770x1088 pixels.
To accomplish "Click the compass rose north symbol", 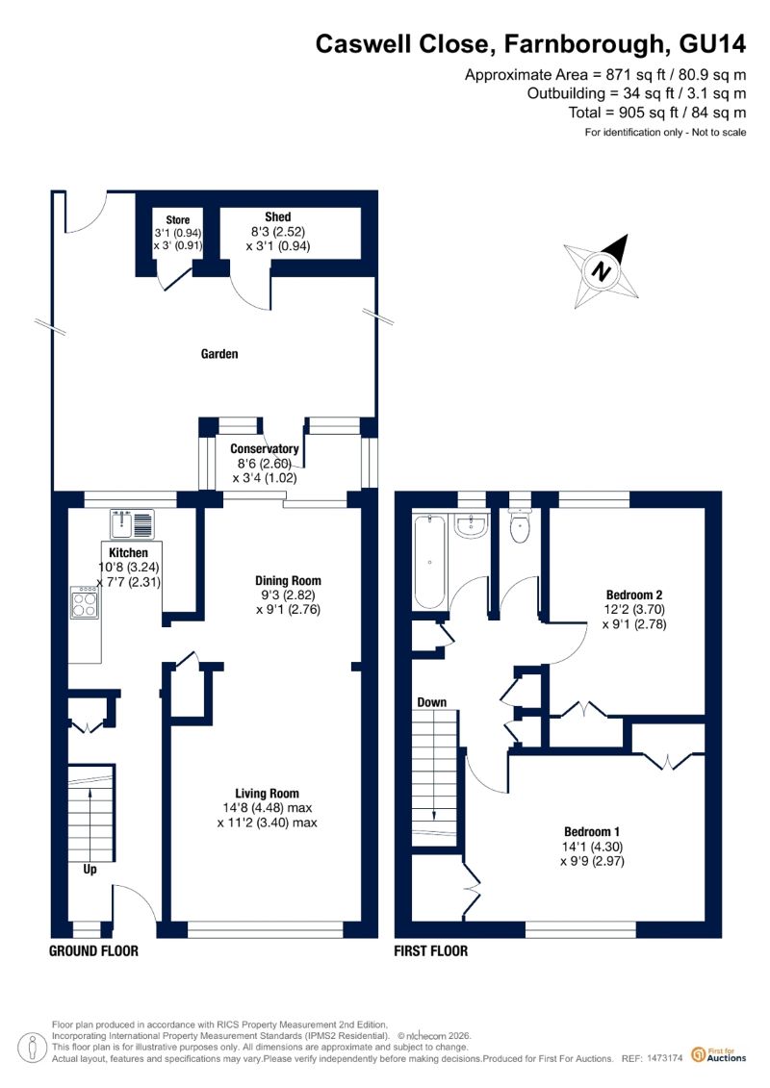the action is pyautogui.click(x=602, y=271).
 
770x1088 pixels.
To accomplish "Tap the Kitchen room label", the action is pyautogui.click(x=128, y=552).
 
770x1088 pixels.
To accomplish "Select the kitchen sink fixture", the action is pyautogui.click(x=132, y=524).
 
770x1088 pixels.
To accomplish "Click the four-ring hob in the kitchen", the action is pyautogui.click(x=85, y=603).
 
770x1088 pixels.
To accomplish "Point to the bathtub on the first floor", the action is pyautogui.click(x=429, y=562).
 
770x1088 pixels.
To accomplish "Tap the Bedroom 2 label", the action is pyautogui.click(x=634, y=595).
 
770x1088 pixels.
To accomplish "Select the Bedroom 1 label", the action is pyautogui.click(x=592, y=831).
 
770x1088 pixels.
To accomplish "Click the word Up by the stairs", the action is pyautogui.click(x=90, y=870).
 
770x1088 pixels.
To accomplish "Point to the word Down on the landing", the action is pyautogui.click(x=431, y=702).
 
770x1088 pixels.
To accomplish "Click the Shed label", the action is pyautogui.click(x=278, y=217).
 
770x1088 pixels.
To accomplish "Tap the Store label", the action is pyautogui.click(x=178, y=219).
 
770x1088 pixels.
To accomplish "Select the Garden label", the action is pyautogui.click(x=219, y=354).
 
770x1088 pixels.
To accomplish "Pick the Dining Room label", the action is pyautogui.click(x=288, y=581).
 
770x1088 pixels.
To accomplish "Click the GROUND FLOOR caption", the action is pyautogui.click(x=93, y=950).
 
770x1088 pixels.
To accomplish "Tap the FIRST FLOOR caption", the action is pyautogui.click(x=430, y=950).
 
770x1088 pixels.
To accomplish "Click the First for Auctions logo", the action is pyautogui.click(x=719, y=1055).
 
